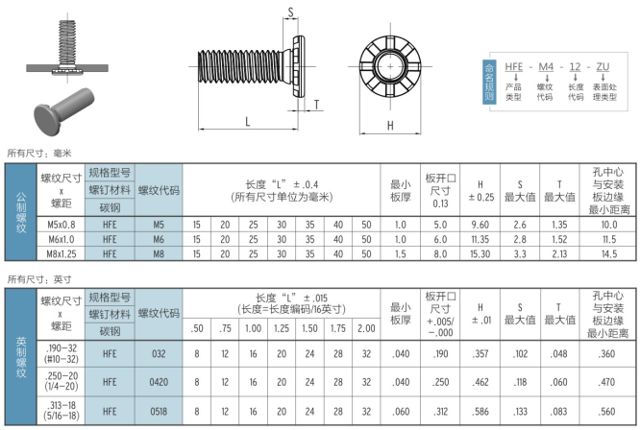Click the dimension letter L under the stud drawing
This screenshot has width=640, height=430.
pos(247,122)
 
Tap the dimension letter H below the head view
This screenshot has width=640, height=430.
pos(390,126)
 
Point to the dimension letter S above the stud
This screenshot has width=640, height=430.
pos(290,12)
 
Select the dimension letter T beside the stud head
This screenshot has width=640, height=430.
pos(317,105)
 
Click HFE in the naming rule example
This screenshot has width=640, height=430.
pos(513,67)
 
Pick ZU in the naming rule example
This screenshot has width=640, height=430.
pos(603,67)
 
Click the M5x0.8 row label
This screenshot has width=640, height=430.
pos(62,225)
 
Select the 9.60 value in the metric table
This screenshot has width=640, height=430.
pos(480,225)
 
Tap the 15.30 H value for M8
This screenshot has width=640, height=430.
pos(480,254)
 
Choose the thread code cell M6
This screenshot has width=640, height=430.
pos(159,240)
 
